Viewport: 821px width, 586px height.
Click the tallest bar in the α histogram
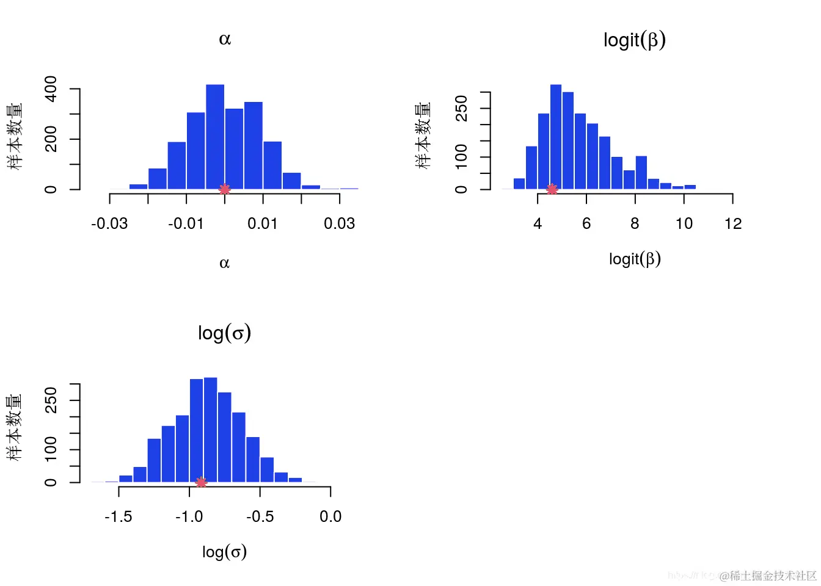point(215,137)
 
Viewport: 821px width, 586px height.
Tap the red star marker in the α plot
point(225,190)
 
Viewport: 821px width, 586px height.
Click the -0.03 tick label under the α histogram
point(109,223)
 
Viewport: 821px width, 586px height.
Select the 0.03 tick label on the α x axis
point(339,223)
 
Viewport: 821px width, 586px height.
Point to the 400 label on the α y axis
point(51,89)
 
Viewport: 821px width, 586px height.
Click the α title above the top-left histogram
point(225,39)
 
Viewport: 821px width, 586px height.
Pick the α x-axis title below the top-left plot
point(224,263)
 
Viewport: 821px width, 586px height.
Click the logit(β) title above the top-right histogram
point(634,40)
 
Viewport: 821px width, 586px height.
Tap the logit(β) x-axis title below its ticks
point(635,259)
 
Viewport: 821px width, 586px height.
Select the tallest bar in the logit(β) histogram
point(556,137)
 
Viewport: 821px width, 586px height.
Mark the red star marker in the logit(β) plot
point(552,190)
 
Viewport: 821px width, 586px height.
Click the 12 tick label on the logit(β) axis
point(733,223)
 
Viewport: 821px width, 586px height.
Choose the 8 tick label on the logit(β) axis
point(635,223)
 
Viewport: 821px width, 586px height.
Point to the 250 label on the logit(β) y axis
point(461,108)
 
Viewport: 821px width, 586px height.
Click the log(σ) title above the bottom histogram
point(224,333)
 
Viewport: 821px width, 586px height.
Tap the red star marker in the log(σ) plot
point(201,483)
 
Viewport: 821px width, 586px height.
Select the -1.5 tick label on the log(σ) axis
point(119,516)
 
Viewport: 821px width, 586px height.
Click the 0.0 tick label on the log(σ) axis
point(330,516)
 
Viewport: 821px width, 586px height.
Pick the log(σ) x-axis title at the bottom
point(224,552)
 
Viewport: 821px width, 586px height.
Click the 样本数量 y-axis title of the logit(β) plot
point(423,136)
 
